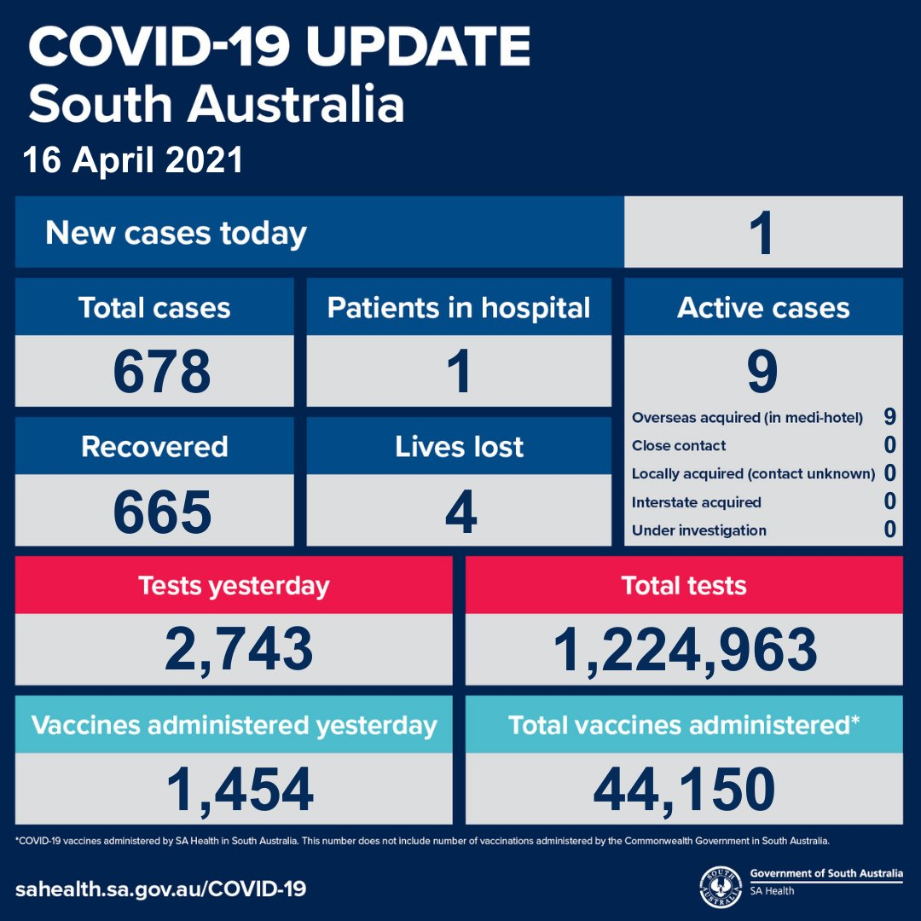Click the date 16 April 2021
coord(133,160)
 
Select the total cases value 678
coord(161,371)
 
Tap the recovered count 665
coord(161,512)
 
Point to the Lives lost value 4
coord(460,512)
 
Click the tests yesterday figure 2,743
coord(239,649)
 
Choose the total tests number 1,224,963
coord(685,649)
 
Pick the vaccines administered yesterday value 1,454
coord(239,789)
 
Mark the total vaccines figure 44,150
coord(685,789)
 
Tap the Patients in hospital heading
coord(459,308)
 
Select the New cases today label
coord(176,233)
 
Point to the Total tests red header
coord(684,586)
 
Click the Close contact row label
coord(679,446)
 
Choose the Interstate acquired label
coord(696,502)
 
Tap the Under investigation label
coord(698,530)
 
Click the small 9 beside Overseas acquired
coord(889,417)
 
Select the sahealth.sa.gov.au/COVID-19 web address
coord(160,889)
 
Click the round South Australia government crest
coord(718,886)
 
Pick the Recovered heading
coord(154,447)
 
